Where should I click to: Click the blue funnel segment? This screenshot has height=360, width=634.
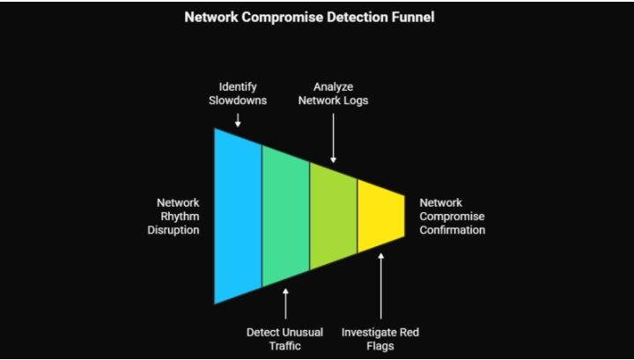pos(238,216)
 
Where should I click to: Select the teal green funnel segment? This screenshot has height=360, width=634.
pos(285,216)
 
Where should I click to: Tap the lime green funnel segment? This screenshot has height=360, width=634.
pos(333,216)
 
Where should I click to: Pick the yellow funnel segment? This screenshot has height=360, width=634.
pos(380,216)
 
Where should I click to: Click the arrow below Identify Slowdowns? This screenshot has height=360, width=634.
pos(238,119)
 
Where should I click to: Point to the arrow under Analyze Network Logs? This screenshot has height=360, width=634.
pos(333,141)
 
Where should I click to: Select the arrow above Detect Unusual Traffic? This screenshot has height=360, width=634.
pos(285,304)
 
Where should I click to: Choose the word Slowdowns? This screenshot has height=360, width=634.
pos(238,100)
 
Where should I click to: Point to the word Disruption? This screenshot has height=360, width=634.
pos(174,230)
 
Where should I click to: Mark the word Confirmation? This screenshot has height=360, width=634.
pos(452,230)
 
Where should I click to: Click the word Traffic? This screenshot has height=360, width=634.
pos(284,346)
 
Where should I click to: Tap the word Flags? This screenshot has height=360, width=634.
pos(380,346)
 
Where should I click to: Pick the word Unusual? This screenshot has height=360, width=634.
pos(302,332)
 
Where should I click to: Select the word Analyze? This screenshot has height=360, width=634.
pos(333,86)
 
